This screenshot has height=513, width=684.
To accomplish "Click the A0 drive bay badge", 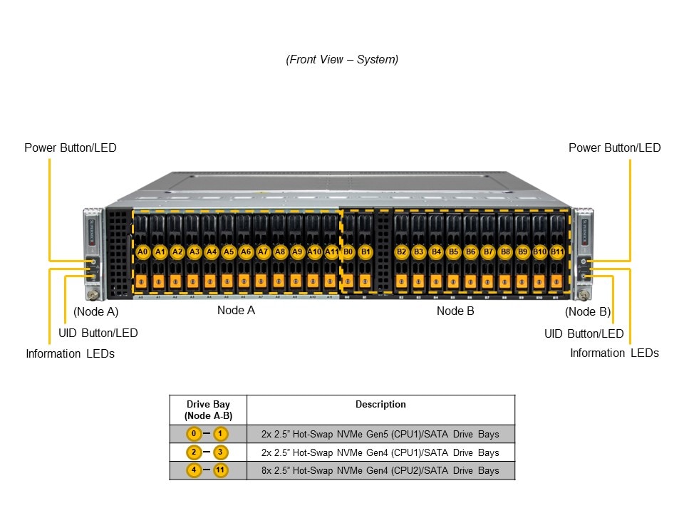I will tap(142, 252).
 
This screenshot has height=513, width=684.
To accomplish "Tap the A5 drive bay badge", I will tap(229, 252).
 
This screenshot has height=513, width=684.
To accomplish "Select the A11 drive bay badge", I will tap(331, 252).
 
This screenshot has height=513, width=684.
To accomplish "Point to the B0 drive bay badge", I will tap(348, 252).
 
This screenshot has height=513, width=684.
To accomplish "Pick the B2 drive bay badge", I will tap(402, 252).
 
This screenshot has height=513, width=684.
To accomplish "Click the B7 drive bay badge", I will tap(488, 252).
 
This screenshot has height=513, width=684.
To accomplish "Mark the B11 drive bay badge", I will tap(557, 252).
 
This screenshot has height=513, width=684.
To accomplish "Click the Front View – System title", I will tap(342, 60).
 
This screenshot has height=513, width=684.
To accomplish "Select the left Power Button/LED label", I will tap(71, 148).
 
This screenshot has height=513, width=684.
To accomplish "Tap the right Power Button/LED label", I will tap(614, 148).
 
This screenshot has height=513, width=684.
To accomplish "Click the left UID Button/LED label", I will tap(98, 333).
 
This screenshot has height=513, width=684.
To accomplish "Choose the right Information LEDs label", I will tap(614, 353).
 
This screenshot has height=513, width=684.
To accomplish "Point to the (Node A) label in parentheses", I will tap(96, 311).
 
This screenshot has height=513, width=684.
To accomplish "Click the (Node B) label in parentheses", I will tap(588, 311).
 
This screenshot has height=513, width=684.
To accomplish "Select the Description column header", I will tap(380, 405).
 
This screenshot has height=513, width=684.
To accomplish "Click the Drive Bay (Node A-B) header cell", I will tap(207, 410).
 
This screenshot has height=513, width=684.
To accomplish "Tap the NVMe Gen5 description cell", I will tap(380, 434).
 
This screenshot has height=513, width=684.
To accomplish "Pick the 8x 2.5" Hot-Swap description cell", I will tap(380, 471).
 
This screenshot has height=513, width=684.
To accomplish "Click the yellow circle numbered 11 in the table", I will tap(221, 471).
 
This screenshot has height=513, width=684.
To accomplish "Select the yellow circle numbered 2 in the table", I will tap(194, 452).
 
